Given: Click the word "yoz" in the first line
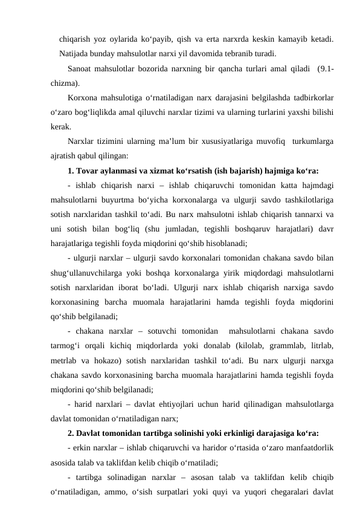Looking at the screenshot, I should [112, 39].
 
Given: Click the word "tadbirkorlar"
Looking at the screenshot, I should [313, 97].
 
